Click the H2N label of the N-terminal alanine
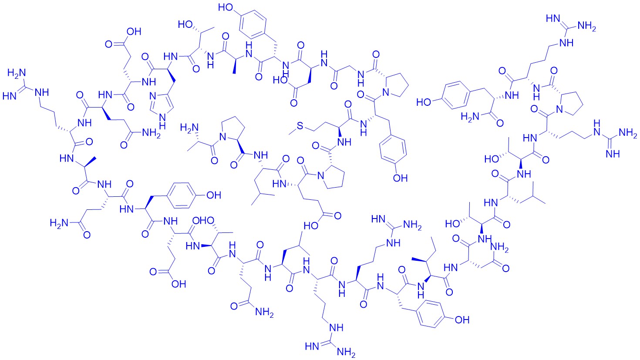pyautogui.click(x=189, y=127)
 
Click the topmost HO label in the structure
pyautogui.click(x=226, y=7)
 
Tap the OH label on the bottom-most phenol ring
pyautogui.click(x=462, y=320)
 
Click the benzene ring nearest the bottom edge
pyautogui.click(x=431, y=314)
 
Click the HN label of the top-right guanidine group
pyautogui.click(x=553, y=19)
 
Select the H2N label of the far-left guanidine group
pyautogui.click(x=17, y=73)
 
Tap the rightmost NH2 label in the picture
pyautogui.click(x=628, y=133)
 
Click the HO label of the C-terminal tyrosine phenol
pyautogui.click(x=424, y=102)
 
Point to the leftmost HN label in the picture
pyautogui.click(x=10, y=96)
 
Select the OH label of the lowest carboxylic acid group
pyautogui.click(x=179, y=284)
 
